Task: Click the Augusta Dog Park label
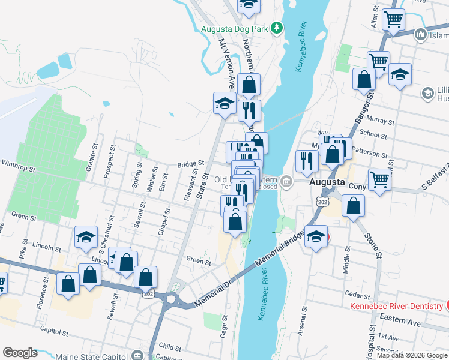tap(234, 28)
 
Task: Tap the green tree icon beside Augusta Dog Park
tap(277, 27)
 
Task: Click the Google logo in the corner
tap(20, 353)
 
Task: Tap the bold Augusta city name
tap(327, 181)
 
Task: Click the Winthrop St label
tap(20, 163)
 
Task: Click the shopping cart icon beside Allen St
tap(393, 19)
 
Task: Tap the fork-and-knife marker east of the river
tap(307, 161)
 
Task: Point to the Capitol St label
tap(51, 329)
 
